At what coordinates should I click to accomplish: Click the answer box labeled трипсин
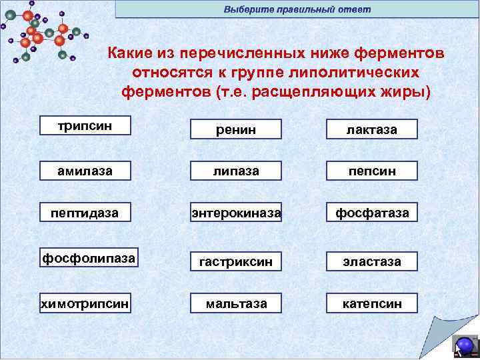tap(85, 126)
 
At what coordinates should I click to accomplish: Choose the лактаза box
tap(371, 129)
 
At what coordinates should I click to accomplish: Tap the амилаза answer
tap(85, 171)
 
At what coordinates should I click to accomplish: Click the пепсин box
tap(371, 171)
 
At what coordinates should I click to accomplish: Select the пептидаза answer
tap(85, 213)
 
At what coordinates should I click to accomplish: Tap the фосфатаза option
tap(371, 213)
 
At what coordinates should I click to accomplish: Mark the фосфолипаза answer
tap(89, 258)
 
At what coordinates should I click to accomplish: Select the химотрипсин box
tap(85, 303)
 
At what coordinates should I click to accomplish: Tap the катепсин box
tap(371, 303)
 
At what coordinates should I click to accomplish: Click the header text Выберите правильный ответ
tap(297, 9)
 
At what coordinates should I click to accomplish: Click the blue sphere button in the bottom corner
tap(465, 345)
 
